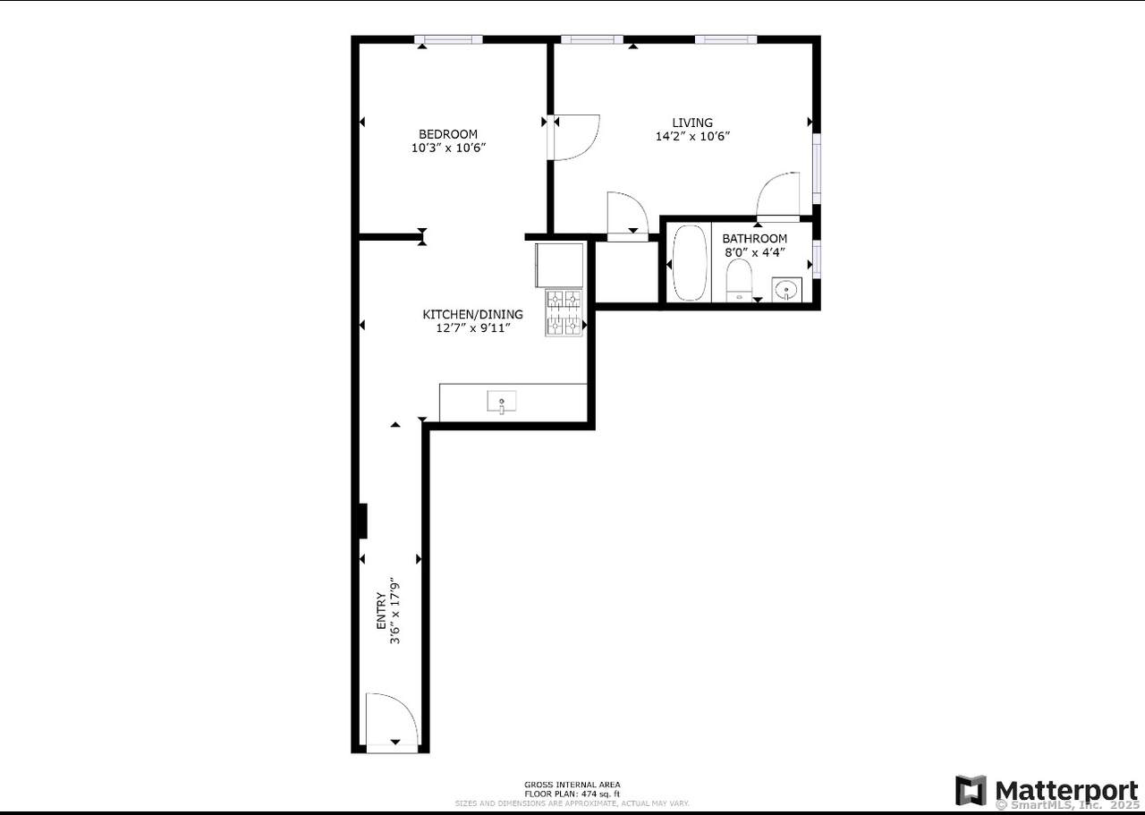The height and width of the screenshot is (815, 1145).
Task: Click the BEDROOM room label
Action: pos(448,134)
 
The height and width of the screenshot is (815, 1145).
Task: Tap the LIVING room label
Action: pos(692,123)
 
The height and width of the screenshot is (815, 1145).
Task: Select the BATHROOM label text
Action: pos(755,239)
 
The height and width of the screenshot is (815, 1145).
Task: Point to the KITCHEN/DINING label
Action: pos(472,314)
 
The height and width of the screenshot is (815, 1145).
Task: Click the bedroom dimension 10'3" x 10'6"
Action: pos(448,149)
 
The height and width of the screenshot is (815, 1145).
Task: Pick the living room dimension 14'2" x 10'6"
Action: pos(693,137)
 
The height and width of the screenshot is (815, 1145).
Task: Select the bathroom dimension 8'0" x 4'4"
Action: pos(755,252)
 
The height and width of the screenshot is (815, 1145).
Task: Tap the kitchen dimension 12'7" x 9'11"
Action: pos(472,328)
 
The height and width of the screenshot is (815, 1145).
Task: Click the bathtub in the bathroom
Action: pos(689,262)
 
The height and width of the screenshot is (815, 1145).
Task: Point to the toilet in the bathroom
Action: pos(738,281)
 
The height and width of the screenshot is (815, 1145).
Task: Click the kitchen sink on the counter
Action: pos(501,403)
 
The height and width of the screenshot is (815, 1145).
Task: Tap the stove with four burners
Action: pos(564,312)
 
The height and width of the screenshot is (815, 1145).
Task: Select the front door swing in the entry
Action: pos(392,718)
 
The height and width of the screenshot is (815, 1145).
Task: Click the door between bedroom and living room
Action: pos(572,137)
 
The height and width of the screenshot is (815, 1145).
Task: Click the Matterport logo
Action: pos(1047,791)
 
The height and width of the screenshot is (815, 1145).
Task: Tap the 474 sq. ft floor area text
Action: pos(572,794)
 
